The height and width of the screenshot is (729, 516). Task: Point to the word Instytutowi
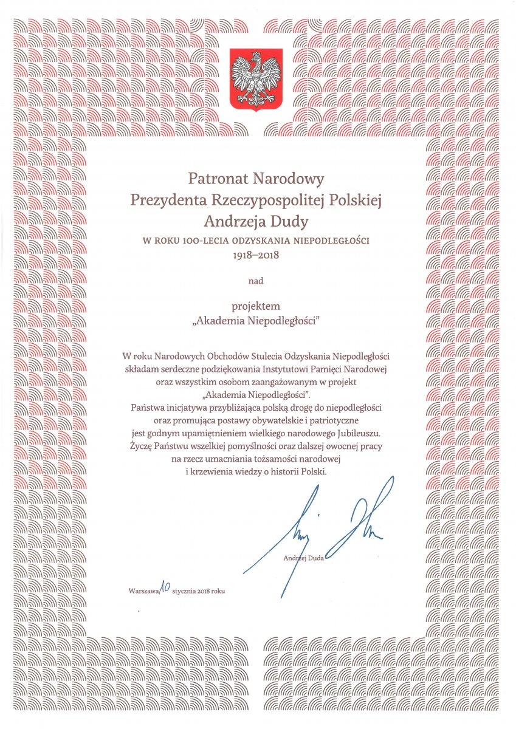(x=291, y=368)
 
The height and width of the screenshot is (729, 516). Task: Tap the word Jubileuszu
(x=356, y=434)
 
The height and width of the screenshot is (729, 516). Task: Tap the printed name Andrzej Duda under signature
(x=303, y=558)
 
